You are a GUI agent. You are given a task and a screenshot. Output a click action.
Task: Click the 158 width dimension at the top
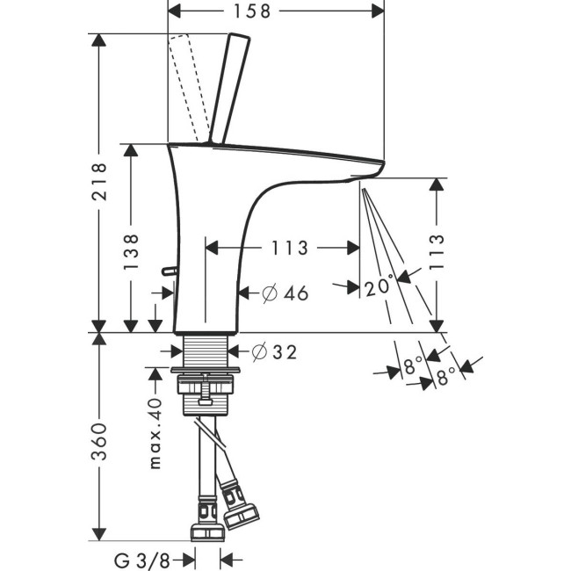(x=276, y=11)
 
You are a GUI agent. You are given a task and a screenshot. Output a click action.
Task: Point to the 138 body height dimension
(x=131, y=252)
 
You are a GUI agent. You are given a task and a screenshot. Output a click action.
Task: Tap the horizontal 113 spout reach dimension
(x=289, y=249)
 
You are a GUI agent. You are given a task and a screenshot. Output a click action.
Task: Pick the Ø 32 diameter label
(x=274, y=352)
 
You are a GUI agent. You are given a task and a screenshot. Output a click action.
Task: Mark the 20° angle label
(x=379, y=287)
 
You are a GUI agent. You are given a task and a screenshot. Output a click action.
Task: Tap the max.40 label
(x=155, y=433)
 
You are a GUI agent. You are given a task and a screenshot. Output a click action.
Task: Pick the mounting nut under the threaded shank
(x=206, y=386)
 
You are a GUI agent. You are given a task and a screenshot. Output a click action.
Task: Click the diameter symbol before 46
(x=269, y=293)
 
